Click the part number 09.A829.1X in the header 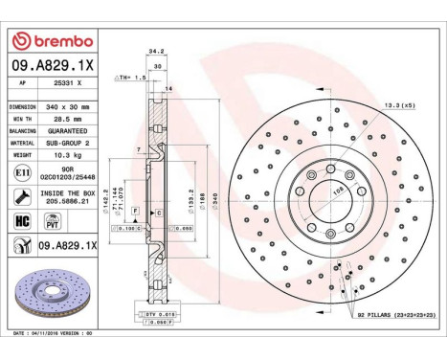(54, 66)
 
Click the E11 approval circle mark (23, 172)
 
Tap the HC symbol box (23, 220)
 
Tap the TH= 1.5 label (132, 77)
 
